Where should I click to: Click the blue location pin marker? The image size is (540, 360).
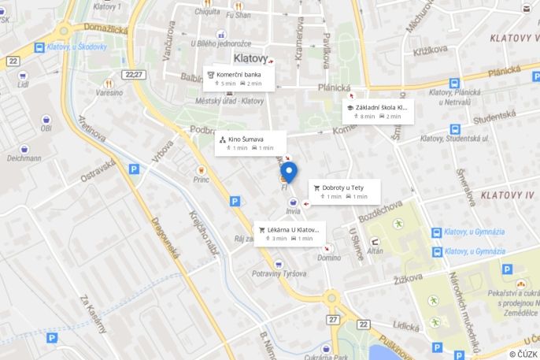(289, 172)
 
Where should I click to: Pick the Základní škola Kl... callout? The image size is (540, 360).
(379, 111)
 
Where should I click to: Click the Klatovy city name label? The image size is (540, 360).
(250, 58)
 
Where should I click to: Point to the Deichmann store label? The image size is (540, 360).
(24, 158)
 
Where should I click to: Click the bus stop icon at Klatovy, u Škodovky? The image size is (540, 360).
(39, 47)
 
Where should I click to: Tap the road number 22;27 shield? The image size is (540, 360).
(134, 75)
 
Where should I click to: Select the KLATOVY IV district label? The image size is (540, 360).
(507, 195)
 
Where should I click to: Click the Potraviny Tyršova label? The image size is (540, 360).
(279, 273)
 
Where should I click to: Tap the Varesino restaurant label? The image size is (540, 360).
(109, 92)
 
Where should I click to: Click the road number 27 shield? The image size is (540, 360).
(334, 319)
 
